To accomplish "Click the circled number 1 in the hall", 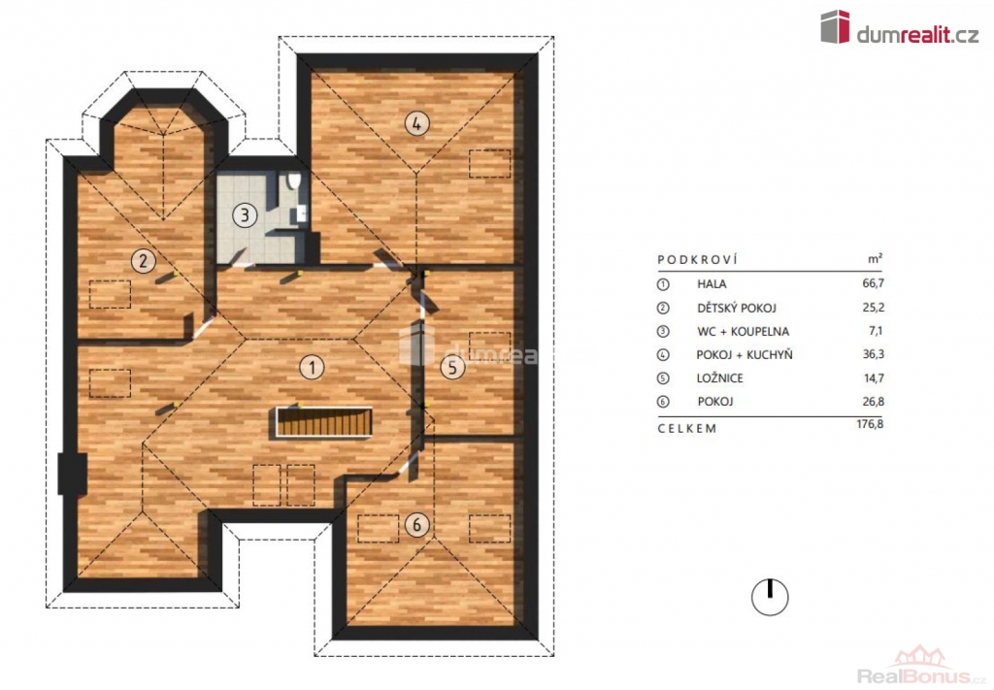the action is pos(312,367).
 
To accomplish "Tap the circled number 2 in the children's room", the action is pos(144,260).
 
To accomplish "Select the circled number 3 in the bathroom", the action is pos(245,215).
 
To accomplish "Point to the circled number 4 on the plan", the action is pos(416,123).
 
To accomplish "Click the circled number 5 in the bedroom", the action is pos(452,367).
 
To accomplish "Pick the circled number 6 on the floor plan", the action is pos(416,525).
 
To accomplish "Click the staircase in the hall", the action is pos(324,422).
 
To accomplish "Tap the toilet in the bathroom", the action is pos(293,181).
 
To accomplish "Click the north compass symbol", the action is pos(770,597).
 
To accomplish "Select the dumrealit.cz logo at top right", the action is pos(900,27).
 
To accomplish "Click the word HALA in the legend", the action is pos(712,283).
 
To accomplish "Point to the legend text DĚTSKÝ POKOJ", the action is pos(737,308).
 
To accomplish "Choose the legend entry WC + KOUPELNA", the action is pos(743,331).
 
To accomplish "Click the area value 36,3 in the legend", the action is pos(873,354).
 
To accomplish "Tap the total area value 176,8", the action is pos(870,424).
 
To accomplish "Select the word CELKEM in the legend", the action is pos(687,428).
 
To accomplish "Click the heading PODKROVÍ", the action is pos(698,259).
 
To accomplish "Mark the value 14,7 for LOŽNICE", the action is pos(873,378).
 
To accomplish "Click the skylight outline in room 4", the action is pos(490,163).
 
